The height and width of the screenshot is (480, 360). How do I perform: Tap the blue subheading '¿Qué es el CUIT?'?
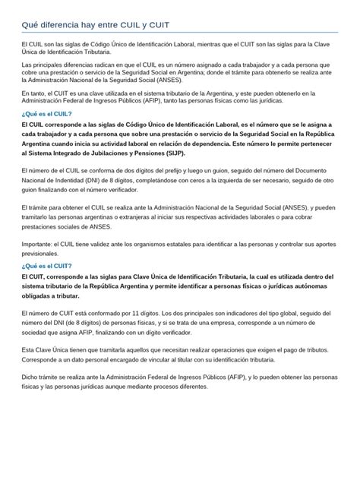46,267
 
